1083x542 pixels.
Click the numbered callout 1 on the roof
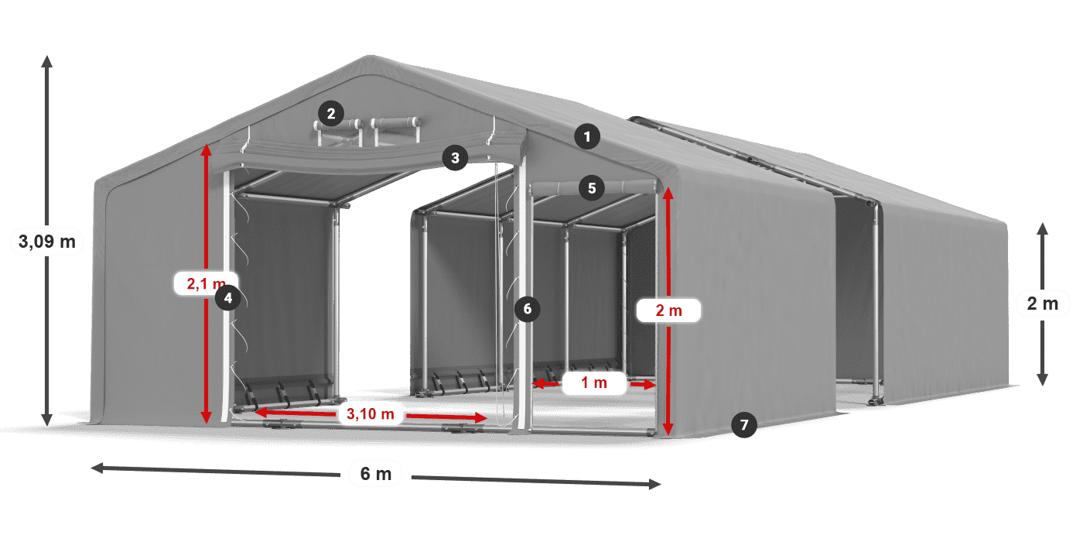(x=587, y=138)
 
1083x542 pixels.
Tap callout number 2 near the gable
(x=330, y=115)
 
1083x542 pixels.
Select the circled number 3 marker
(x=455, y=158)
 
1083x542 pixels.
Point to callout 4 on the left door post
(x=227, y=297)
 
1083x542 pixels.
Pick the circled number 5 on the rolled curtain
(x=592, y=187)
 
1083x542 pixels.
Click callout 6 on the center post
(x=528, y=309)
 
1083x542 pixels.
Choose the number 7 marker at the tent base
(x=744, y=424)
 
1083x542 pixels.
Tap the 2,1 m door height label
(x=203, y=284)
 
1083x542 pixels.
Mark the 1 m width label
(x=593, y=382)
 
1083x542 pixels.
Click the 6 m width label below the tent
(x=377, y=474)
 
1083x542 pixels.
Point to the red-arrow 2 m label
(x=668, y=311)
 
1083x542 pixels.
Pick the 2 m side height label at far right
(x=1042, y=304)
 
